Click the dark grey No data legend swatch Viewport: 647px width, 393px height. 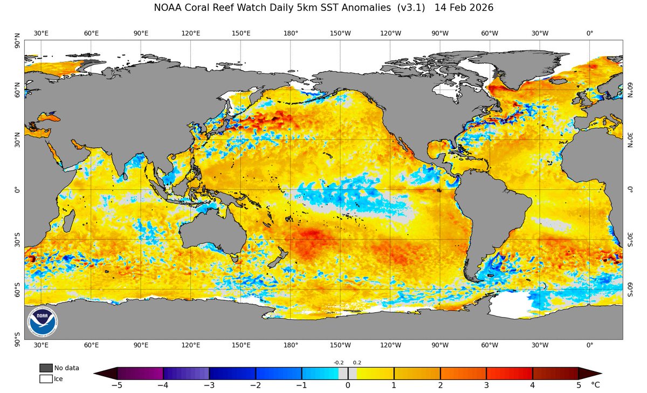pyautogui.click(x=46, y=368)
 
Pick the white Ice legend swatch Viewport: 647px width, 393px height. pyautogui.click(x=46, y=378)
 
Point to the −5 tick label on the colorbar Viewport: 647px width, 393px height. pyautogui.click(x=116, y=385)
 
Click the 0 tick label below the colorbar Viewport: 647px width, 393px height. pyautogui.click(x=348, y=385)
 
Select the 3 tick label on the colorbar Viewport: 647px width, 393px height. pyautogui.click(x=486, y=385)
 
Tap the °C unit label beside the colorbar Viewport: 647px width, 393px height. pyautogui.click(x=595, y=385)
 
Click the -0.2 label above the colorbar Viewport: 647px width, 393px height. pyautogui.click(x=339, y=363)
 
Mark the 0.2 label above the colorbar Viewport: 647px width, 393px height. pyautogui.click(x=357, y=363)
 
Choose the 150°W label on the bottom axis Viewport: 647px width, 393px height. pyautogui.click(x=340, y=345)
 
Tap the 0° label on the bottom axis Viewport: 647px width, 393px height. pyautogui.click(x=589, y=345)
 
